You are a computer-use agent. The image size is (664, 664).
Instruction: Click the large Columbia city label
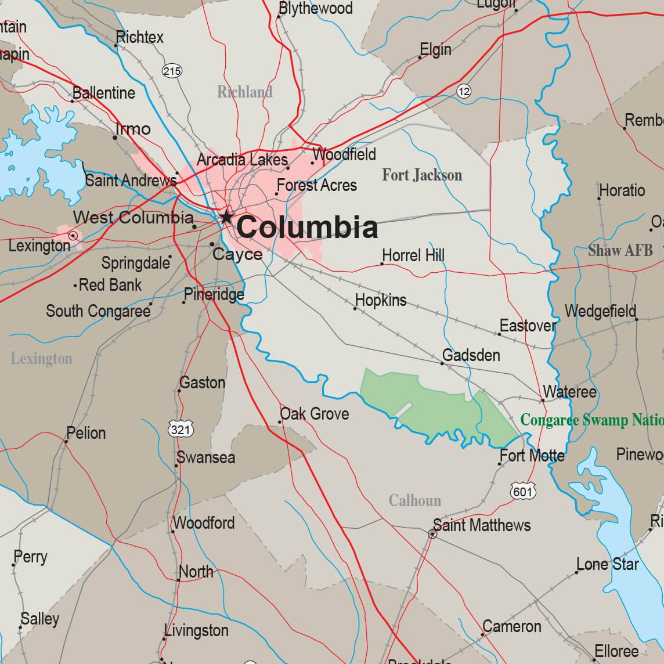click(307, 227)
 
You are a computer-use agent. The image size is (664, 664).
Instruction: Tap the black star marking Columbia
click(225, 218)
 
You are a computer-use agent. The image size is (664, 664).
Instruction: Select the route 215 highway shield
click(172, 71)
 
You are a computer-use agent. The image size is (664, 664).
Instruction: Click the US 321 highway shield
click(181, 430)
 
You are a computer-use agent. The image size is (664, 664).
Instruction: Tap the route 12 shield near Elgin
click(464, 91)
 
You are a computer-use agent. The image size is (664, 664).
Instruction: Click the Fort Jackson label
click(422, 175)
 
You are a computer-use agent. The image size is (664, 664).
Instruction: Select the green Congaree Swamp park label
click(591, 420)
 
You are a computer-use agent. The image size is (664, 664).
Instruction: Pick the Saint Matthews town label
click(482, 525)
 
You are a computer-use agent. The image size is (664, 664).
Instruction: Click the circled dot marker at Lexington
click(73, 236)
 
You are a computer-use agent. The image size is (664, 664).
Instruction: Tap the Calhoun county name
click(414, 500)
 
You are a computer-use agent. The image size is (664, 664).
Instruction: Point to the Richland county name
click(244, 92)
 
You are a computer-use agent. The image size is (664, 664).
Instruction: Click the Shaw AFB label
click(620, 250)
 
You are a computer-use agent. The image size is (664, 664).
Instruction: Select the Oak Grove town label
click(315, 414)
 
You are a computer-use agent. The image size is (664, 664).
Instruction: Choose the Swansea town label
click(206, 457)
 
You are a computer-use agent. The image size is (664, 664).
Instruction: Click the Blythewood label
click(315, 8)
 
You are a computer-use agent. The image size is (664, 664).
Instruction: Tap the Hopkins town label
click(381, 300)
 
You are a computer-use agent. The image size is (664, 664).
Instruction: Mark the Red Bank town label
click(110, 285)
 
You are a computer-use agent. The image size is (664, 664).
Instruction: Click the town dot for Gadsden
click(442, 363)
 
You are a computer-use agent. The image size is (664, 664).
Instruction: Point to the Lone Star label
click(607, 564)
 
